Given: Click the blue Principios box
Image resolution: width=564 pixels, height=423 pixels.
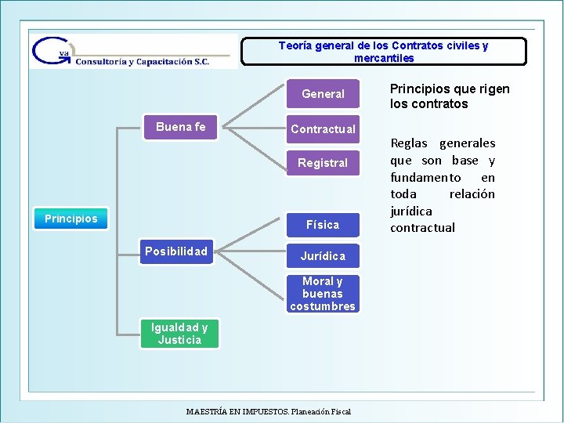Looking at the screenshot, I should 71,219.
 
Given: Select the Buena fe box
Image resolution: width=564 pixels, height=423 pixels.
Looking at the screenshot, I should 180,127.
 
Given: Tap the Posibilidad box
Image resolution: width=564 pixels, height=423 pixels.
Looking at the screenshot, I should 176,251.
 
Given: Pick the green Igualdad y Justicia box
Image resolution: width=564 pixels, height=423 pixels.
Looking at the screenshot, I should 179,334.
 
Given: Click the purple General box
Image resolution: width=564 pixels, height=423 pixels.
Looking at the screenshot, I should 323,94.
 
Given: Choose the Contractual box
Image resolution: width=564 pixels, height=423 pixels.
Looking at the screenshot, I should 323,128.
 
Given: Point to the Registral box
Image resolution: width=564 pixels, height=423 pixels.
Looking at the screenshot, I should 323,163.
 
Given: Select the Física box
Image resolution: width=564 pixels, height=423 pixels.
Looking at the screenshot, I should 323,225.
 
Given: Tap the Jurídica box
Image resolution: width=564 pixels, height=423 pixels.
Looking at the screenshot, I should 323,256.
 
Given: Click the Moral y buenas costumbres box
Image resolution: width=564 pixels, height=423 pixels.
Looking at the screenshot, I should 323,294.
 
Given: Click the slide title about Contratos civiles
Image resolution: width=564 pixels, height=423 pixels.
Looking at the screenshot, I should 383,52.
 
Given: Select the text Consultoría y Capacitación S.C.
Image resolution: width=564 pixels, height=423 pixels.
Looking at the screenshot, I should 143,61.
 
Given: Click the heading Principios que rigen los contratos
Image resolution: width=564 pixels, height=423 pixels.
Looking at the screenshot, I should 449,96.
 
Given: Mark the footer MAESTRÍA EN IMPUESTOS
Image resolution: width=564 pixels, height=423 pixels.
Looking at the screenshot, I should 269,411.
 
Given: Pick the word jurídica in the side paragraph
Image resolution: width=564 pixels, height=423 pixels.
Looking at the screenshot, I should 410,211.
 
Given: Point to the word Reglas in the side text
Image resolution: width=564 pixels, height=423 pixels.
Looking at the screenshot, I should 409,143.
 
